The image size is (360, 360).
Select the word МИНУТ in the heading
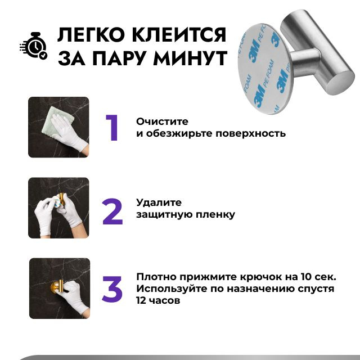(x=190, y=58)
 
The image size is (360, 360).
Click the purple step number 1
(x=112, y=128)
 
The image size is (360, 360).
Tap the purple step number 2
(x=112, y=211)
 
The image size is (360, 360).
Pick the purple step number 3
(x=112, y=289)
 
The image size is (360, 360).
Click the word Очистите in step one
(x=162, y=121)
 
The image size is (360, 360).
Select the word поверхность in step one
(x=250, y=134)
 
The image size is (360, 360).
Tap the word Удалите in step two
(x=159, y=202)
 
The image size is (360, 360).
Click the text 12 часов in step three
(x=158, y=300)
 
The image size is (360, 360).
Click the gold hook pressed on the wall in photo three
(x=57, y=287)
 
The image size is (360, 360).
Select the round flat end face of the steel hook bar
(x=343, y=81)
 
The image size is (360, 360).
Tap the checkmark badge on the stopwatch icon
(x=43, y=55)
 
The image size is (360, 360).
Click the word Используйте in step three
(x=172, y=289)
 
